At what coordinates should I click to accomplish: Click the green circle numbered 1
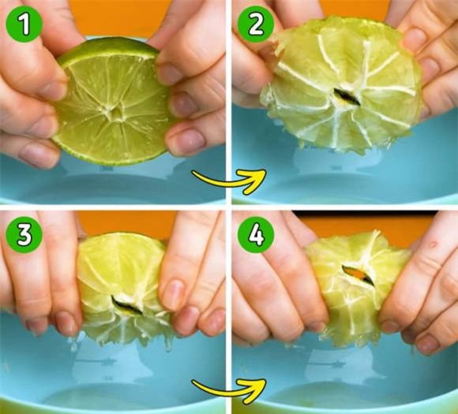coord(24,24)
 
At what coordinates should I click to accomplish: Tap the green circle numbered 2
coord(256,24)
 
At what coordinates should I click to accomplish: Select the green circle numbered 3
coord(24,234)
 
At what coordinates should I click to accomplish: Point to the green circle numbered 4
coord(256,234)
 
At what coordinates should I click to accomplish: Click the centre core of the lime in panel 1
coord(114,112)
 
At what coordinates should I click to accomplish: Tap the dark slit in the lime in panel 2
coord(347,96)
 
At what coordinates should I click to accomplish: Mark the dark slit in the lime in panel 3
coord(126,305)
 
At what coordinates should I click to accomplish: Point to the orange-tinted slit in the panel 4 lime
coord(358,275)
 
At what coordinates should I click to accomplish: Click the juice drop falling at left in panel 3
coord(73,345)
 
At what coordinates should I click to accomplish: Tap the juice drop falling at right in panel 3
coord(167,347)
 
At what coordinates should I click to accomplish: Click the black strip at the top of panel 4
coord(365,214)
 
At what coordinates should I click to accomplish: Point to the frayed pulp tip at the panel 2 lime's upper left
coord(276,43)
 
